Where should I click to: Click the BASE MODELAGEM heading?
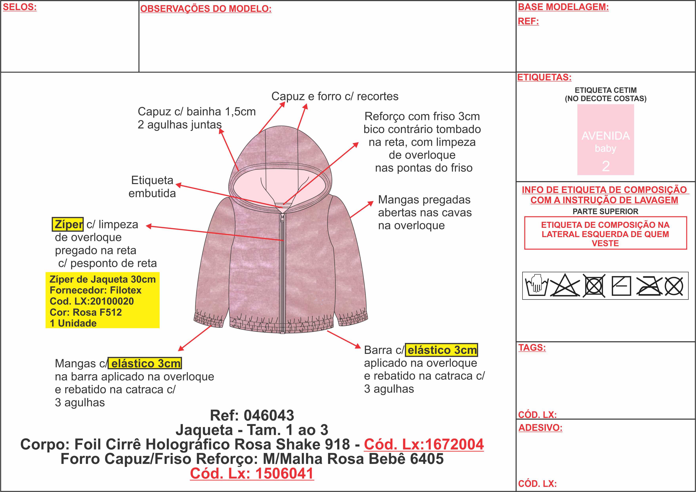coord(563,7)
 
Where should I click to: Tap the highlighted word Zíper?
coord(68,224)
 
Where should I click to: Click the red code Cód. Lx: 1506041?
coord(252,474)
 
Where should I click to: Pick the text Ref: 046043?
coord(252,415)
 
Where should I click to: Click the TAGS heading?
coord(532,348)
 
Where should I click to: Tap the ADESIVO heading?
coord(540,427)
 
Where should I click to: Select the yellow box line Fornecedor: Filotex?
coord(95,290)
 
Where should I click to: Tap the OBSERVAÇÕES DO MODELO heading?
coord(206,9)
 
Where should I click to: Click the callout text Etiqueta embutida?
coord(152,187)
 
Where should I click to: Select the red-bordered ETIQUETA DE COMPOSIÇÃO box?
coord(605,233)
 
